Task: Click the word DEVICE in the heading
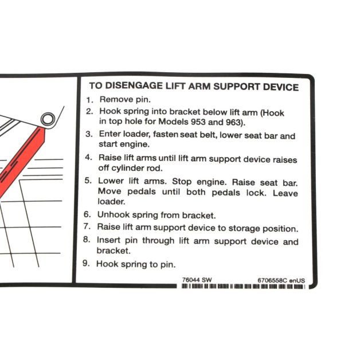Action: pos(280,87)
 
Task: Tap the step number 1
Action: pos(89,100)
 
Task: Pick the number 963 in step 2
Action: pos(233,122)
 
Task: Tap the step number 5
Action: pos(88,181)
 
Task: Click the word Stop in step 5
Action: pos(182,181)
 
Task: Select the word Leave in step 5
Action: pos(285,193)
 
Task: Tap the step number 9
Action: pos(86,263)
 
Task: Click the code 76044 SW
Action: pos(197,280)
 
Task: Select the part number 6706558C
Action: pos(272,280)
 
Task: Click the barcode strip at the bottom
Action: pos(244,286)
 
